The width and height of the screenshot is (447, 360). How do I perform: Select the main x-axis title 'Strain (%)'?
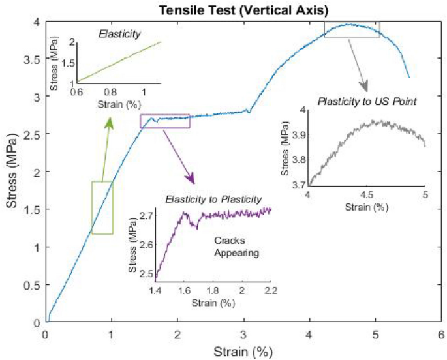(242, 352)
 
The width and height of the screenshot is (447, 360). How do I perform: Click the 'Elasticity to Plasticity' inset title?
(213, 198)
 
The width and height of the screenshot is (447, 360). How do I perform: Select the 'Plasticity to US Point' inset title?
(367, 102)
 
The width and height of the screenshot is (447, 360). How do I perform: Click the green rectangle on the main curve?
(102, 207)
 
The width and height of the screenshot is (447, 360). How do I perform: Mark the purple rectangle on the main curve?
(164, 121)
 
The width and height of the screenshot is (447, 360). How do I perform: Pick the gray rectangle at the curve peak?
(352, 29)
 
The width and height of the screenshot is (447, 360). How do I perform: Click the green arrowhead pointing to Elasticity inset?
(109, 122)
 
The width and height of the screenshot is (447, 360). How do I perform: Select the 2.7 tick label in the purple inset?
(146, 215)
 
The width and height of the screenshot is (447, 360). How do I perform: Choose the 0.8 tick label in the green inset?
(110, 92)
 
